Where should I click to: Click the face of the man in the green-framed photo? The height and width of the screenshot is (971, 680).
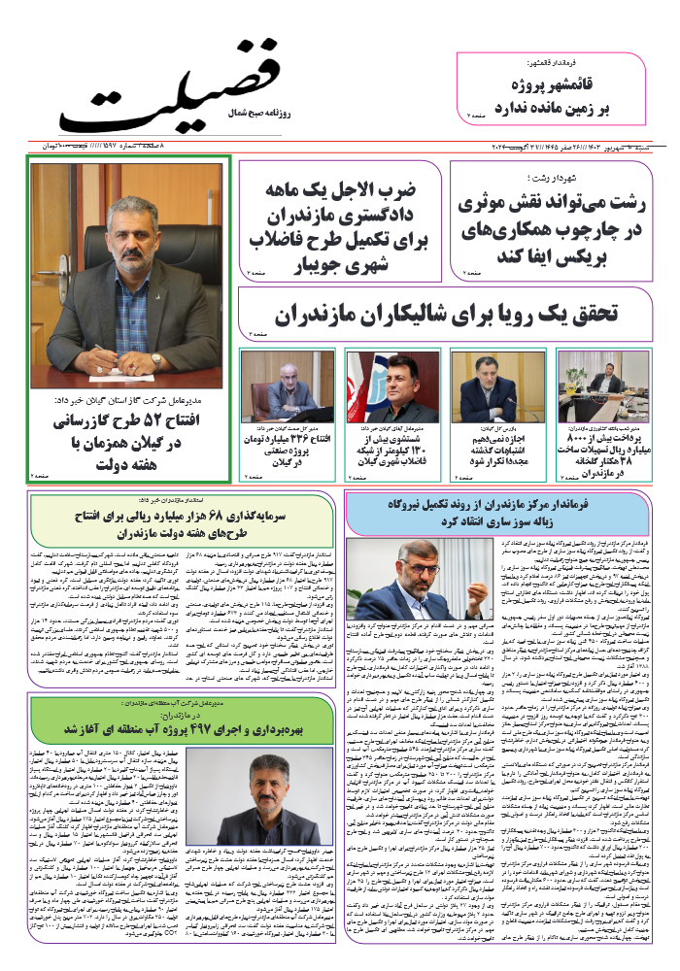(x=132, y=223)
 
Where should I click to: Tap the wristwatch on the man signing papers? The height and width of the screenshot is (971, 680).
(x=156, y=360)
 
